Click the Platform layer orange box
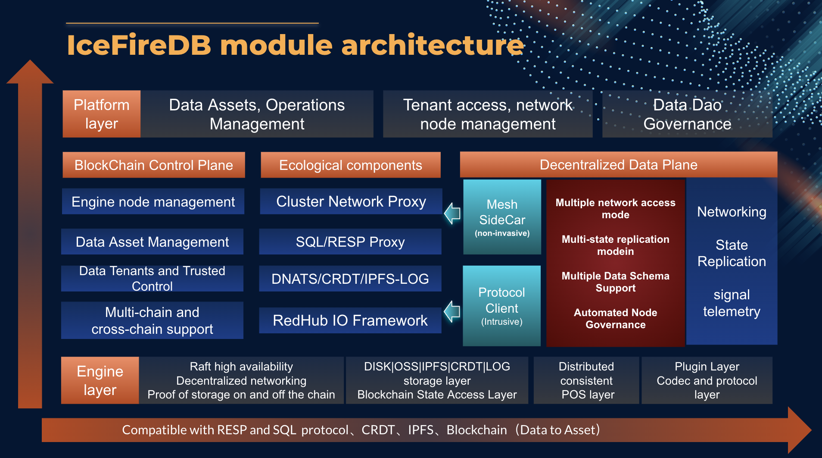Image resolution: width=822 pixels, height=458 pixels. click(x=102, y=114)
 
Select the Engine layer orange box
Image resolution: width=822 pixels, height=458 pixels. click(x=100, y=380)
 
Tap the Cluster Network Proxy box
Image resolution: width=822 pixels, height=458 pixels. click(x=351, y=201)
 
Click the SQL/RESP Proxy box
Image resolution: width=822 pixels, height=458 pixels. click(x=350, y=242)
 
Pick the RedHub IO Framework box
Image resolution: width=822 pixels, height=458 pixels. click(x=350, y=320)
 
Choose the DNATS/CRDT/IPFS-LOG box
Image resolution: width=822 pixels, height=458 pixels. click(x=350, y=279)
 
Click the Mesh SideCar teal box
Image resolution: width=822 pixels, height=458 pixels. click(x=502, y=217)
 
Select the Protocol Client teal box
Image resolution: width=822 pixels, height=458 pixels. click(x=501, y=306)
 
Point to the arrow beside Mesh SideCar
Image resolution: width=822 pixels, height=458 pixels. click(x=452, y=213)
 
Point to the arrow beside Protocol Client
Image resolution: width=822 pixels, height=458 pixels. click(x=452, y=311)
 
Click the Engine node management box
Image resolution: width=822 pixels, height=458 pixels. click(x=153, y=201)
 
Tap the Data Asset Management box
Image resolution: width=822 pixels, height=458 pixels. click(x=152, y=242)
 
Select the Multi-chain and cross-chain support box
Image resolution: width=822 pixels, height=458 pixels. click(x=152, y=320)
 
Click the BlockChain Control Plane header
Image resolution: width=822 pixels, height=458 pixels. click(x=154, y=165)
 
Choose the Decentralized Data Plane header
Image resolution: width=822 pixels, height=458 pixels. click(x=618, y=165)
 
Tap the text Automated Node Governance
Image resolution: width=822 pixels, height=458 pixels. click(x=615, y=319)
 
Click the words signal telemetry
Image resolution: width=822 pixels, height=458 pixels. click(x=731, y=303)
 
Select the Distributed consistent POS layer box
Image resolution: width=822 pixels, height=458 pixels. click(x=586, y=380)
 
